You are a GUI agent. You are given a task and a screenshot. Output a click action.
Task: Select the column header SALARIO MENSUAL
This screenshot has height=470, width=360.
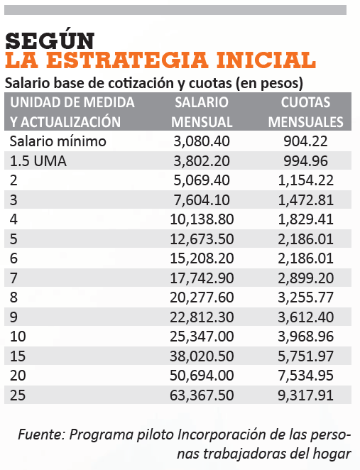[x=202, y=112]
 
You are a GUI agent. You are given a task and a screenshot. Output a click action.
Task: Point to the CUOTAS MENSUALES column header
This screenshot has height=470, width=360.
[x=305, y=112]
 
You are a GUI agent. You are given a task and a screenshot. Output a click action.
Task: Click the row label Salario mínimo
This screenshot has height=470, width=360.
[x=58, y=141]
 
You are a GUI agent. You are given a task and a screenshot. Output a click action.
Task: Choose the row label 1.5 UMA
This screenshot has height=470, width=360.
[x=38, y=161]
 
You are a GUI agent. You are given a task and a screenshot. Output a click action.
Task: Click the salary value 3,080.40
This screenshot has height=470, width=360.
[x=202, y=141]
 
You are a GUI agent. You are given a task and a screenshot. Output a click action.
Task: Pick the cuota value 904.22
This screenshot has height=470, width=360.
[x=305, y=141]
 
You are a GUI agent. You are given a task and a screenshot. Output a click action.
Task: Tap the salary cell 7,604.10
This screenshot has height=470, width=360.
[x=202, y=200]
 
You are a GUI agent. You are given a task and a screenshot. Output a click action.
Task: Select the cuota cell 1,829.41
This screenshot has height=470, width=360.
[x=305, y=219]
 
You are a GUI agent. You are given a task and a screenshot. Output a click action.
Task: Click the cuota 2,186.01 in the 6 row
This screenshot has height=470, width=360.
[x=305, y=258]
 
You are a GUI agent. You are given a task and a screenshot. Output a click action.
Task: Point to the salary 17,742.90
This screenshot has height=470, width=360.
[x=202, y=278]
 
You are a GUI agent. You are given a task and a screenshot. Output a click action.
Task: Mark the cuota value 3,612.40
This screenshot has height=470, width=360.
[x=305, y=317]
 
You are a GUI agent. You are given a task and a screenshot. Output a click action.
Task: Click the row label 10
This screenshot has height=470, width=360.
[x=18, y=337]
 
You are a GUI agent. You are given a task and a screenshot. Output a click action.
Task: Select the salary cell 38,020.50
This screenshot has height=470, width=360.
[x=202, y=356]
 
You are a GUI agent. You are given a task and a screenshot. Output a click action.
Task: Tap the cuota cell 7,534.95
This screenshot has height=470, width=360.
[x=305, y=376]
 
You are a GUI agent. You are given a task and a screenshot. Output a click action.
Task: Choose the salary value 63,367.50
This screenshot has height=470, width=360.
[x=202, y=395]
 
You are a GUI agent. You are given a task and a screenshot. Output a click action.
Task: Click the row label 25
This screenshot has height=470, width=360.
[x=18, y=395]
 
